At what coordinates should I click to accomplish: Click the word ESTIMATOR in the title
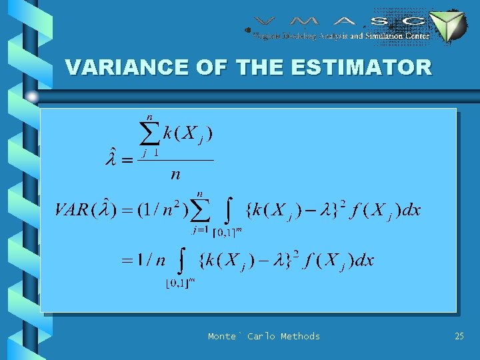[366, 67]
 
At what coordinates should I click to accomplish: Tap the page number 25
[459, 336]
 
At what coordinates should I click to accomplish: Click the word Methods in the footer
[300, 336]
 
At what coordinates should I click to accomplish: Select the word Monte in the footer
[222, 336]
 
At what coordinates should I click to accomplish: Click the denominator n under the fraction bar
[175, 175]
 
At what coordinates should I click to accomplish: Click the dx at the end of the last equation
[363, 260]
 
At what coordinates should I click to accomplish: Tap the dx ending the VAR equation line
[411, 211]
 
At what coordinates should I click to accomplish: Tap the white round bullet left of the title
[32, 97]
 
